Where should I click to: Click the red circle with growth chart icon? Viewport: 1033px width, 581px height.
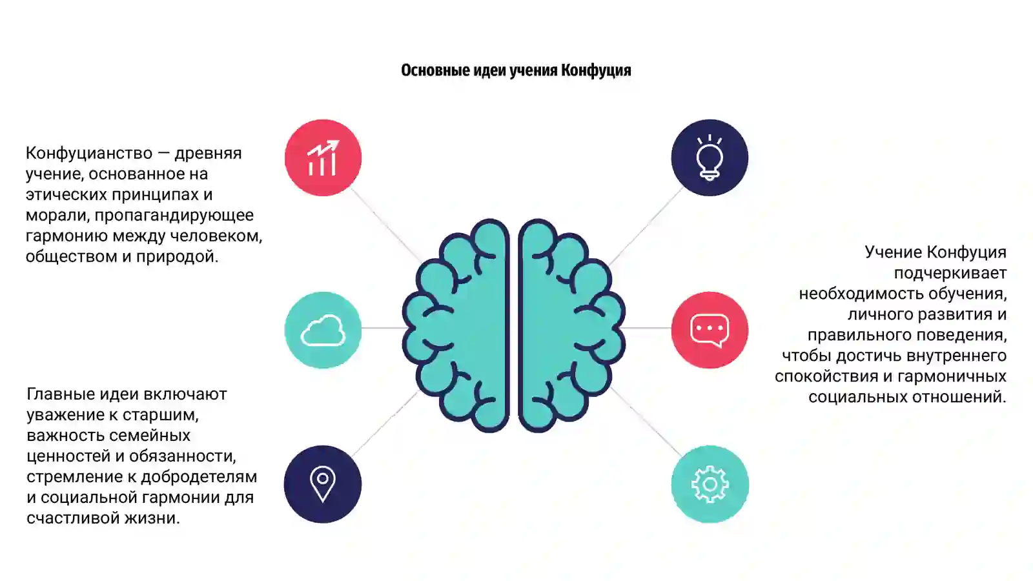tap(323, 158)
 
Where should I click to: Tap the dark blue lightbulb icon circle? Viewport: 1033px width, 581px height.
tap(710, 158)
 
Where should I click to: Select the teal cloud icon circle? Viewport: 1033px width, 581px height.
tap(323, 330)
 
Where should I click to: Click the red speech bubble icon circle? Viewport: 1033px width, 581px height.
tap(710, 330)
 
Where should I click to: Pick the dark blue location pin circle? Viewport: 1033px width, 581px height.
tap(323, 484)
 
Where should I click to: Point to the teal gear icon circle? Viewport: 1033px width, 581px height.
tap(710, 484)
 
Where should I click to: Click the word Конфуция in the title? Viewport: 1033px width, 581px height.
tap(596, 70)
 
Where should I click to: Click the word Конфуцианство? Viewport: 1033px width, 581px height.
tap(89, 153)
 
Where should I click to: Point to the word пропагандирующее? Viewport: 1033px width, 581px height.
tap(174, 216)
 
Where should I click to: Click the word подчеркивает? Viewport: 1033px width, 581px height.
tap(950, 274)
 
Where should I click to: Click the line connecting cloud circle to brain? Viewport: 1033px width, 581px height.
tap(383, 328)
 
